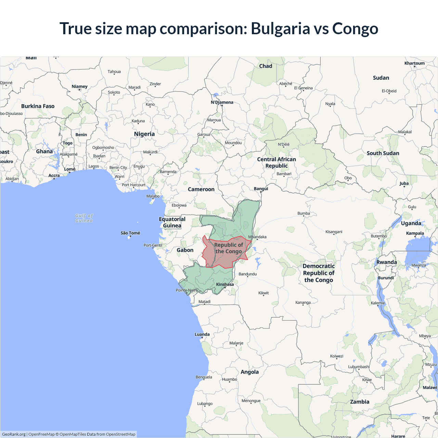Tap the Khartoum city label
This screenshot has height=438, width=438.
(x=414, y=63)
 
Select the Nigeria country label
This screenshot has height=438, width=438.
(x=144, y=134)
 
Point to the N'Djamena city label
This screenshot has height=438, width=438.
(x=222, y=102)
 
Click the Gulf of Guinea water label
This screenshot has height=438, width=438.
(x=84, y=218)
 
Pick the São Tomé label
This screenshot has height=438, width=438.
(x=130, y=233)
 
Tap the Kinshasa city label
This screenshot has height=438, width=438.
(x=225, y=284)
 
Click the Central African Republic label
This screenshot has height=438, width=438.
(x=276, y=163)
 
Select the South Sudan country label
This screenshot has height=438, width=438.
(x=383, y=153)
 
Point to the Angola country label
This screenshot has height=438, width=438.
(x=250, y=372)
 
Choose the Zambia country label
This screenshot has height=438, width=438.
(x=360, y=402)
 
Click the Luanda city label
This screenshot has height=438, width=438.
(x=202, y=334)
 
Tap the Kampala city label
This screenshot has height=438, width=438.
(x=415, y=233)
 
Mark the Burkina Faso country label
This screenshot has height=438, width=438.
(x=38, y=106)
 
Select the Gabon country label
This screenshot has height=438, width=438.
(x=185, y=250)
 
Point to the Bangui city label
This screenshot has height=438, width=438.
(x=261, y=189)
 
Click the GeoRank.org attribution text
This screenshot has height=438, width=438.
(x=14, y=434)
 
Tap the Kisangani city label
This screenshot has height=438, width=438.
(x=334, y=232)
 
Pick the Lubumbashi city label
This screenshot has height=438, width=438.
(x=359, y=367)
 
